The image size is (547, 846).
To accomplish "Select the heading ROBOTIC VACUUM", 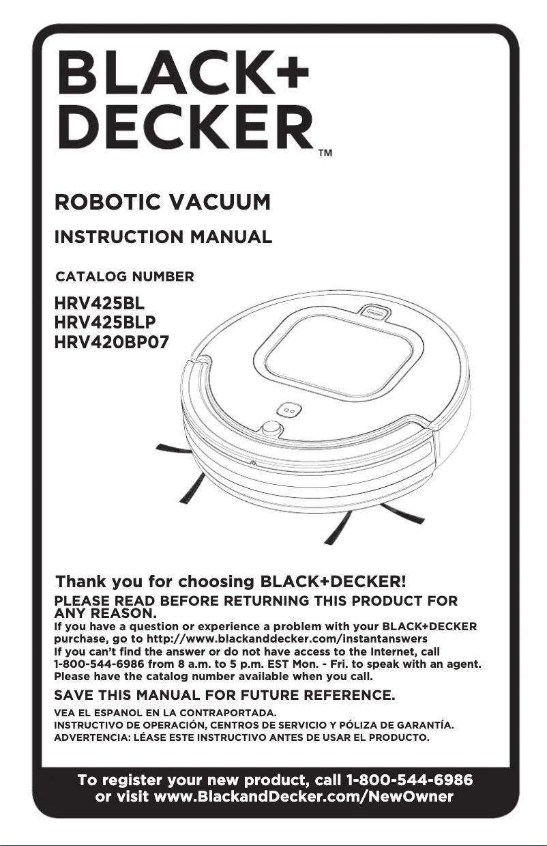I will (162, 203).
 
